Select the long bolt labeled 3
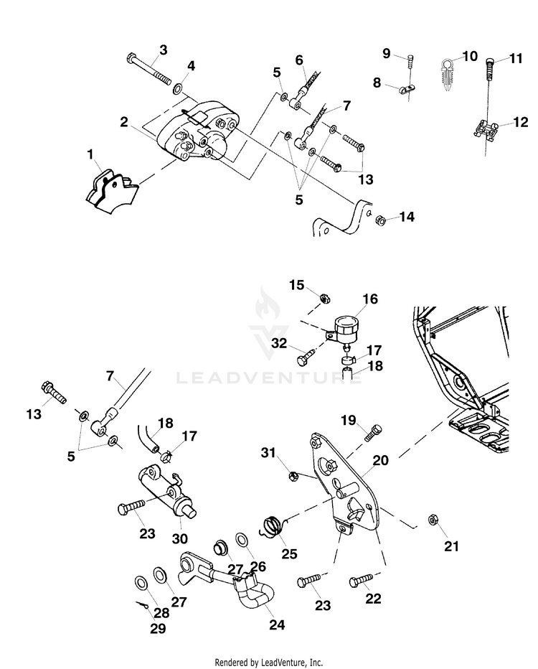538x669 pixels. (x=149, y=70)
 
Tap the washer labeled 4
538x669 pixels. (x=178, y=89)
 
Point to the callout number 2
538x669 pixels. (x=123, y=122)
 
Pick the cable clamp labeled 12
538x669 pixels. (x=486, y=129)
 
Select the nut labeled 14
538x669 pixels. (x=381, y=220)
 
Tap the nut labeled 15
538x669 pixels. (x=324, y=298)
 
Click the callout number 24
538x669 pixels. (x=277, y=624)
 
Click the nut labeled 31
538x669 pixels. (x=292, y=475)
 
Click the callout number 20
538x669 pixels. (x=381, y=461)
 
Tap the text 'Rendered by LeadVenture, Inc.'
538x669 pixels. (x=269, y=663)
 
